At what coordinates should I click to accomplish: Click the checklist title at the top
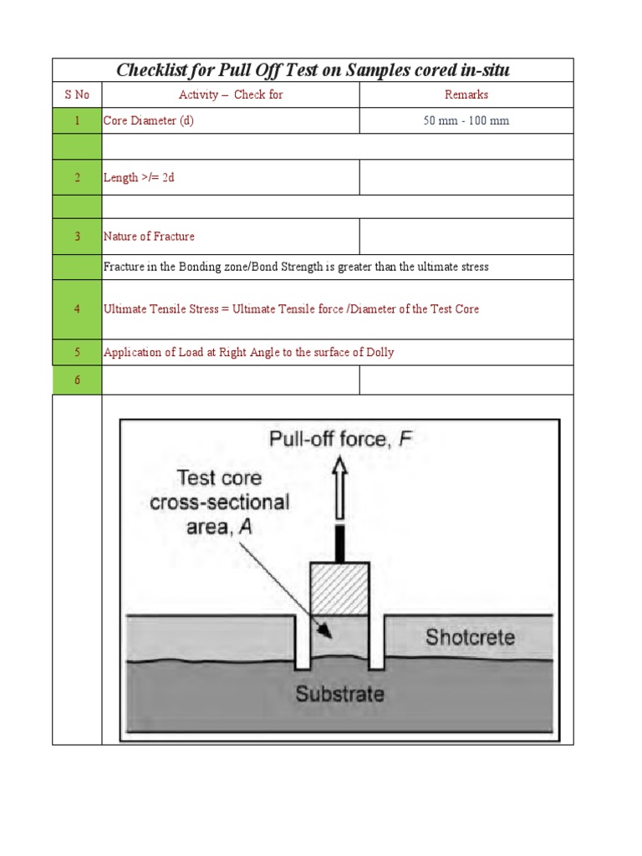[313, 70]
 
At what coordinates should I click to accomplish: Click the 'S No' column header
[77, 94]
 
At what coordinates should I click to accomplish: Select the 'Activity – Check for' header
[231, 94]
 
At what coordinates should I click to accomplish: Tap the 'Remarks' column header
[466, 94]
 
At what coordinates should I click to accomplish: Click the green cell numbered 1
[77, 120]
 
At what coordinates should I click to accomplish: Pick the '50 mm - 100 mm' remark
[466, 120]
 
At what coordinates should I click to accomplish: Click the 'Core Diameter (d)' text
[148, 120]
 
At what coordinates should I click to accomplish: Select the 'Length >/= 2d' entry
[139, 177]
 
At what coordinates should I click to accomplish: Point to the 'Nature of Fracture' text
[149, 237]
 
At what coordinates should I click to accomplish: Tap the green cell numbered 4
[77, 309]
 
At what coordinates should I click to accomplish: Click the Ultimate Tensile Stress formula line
[291, 309]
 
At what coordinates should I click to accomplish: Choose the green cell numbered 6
[77, 380]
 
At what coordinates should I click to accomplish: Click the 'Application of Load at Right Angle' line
[248, 352]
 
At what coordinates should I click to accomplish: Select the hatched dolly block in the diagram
[339, 588]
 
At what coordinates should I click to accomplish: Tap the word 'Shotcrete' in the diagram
[470, 638]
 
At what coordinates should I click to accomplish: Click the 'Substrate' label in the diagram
[339, 694]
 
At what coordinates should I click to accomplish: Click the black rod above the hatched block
[339, 543]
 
